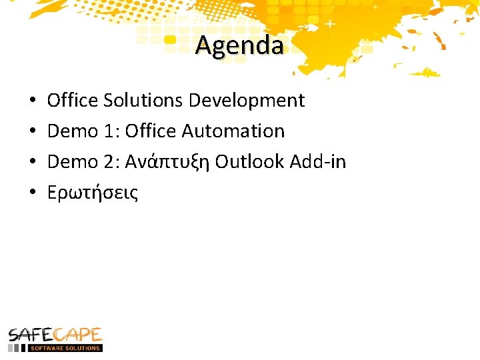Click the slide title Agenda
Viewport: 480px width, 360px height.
point(239,45)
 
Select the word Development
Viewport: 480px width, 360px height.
point(247,101)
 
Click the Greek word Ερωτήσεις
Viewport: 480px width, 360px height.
point(93,193)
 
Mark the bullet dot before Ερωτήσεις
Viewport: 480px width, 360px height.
point(33,193)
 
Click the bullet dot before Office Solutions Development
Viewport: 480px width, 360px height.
point(33,101)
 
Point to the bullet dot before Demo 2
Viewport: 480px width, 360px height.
point(33,163)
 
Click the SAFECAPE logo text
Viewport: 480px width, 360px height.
point(55,335)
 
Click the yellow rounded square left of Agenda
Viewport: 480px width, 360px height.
point(170,39)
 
